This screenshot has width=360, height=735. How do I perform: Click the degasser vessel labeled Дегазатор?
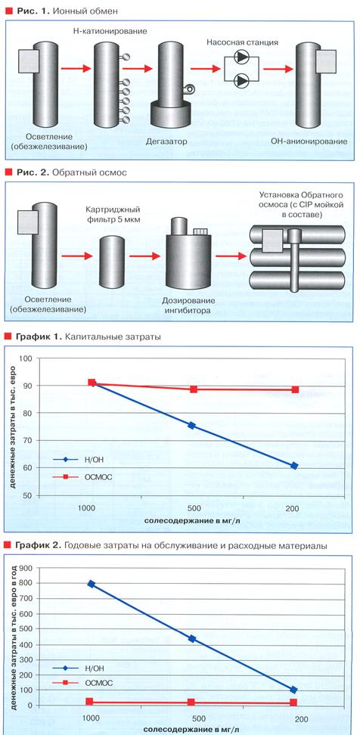point(169,85)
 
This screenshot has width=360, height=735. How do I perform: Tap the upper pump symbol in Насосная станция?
point(242,58)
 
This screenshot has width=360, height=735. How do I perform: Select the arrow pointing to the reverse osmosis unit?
point(231,256)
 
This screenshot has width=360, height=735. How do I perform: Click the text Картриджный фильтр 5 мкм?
point(113,214)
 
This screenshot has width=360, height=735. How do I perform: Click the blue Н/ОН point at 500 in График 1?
point(192,425)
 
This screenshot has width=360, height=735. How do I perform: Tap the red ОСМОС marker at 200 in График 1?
point(295,389)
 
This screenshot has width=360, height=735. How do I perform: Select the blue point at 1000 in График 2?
point(92,584)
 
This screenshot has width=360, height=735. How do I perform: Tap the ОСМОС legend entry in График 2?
point(82,682)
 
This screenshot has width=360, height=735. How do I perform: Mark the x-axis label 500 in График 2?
point(191,718)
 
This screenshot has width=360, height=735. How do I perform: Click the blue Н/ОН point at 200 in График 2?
point(294,690)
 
